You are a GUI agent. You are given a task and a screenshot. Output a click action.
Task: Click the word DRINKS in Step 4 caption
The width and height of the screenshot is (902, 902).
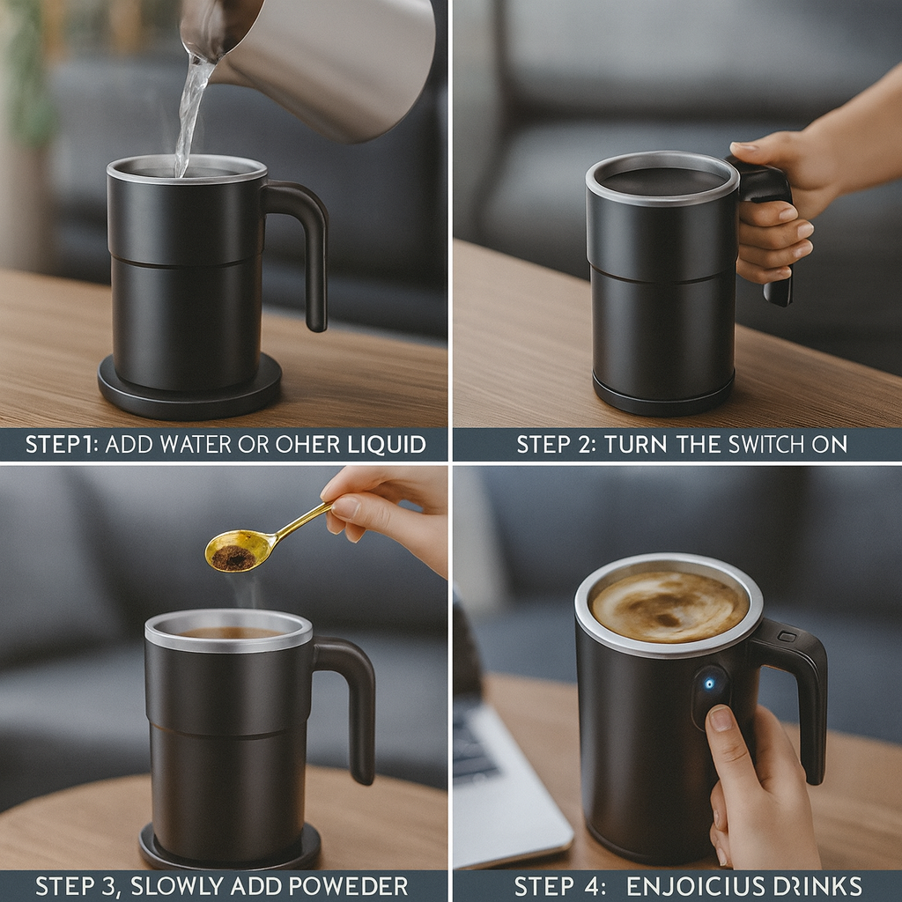coord(814,886)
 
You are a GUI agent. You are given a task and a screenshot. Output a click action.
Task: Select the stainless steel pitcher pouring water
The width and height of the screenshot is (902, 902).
coord(335,62)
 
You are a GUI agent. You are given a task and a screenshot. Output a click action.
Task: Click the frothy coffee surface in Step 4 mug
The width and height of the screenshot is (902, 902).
coord(669,606)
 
